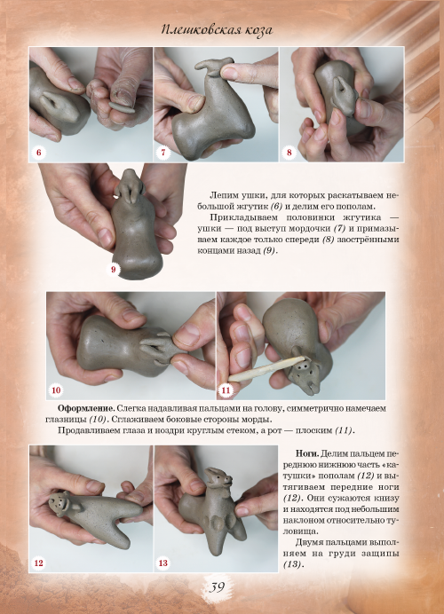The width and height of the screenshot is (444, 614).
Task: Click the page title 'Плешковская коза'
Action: [217, 30]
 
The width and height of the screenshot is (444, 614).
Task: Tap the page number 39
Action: [216, 587]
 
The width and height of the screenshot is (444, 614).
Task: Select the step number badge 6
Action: [38, 153]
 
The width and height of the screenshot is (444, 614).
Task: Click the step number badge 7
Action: [163, 153]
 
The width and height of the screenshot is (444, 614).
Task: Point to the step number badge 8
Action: [289, 153]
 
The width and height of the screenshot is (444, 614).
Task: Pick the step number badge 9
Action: [114, 270]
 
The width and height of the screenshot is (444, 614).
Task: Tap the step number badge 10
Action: [56, 390]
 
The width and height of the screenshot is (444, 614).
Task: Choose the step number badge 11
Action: [226, 390]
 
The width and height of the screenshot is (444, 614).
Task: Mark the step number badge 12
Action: [38, 563]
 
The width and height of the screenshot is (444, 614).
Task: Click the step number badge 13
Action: [163, 563]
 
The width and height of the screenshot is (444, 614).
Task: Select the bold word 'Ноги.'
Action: [307, 453]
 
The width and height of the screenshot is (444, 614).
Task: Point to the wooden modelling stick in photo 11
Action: [267, 367]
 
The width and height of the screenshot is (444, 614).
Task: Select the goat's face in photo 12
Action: [59, 504]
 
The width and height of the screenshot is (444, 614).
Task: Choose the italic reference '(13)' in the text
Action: [291, 564]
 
